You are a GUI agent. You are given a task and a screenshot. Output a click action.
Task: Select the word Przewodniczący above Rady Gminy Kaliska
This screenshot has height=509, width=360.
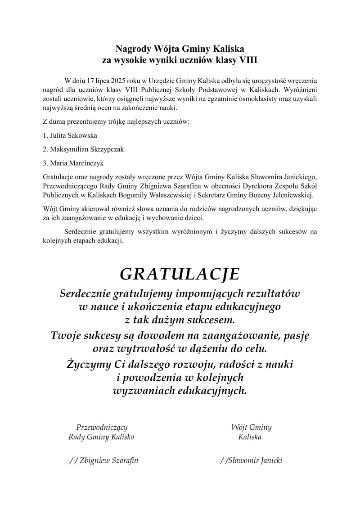tap(102, 427)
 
